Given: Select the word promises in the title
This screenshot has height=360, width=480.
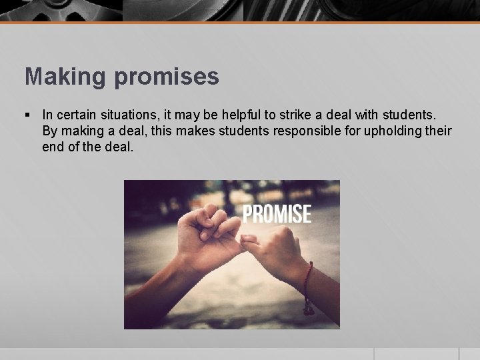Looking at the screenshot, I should click(169, 77).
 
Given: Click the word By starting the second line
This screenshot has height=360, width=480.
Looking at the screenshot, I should click(49, 131).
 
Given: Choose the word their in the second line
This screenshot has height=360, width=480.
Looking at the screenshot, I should click(438, 131).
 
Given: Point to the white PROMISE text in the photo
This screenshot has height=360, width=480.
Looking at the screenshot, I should click(276, 213).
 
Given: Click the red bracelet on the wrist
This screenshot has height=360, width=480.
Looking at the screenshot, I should click(307, 287).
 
